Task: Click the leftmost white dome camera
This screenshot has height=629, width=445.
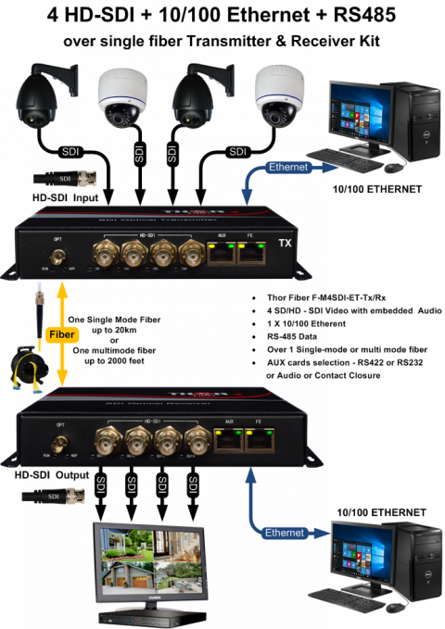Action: coord(123,98)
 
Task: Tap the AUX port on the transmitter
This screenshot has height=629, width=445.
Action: coord(222,255)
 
